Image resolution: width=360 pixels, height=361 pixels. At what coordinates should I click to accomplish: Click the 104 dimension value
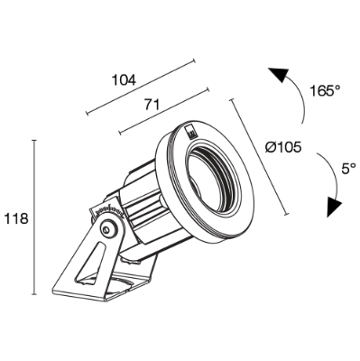(x=124, y=80)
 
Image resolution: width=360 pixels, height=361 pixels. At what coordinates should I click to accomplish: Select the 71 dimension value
(x=152, y=105)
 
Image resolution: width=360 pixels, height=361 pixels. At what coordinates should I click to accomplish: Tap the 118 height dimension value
(x=16, y=218)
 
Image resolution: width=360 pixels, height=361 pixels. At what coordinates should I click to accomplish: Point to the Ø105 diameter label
(x=283, y=147)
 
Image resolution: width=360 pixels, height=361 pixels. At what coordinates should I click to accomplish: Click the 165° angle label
(x=325, y=90)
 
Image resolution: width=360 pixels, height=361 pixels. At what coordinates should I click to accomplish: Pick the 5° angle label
(x=348, y=169)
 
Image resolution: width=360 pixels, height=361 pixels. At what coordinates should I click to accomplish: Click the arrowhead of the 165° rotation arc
(x=280, y=74)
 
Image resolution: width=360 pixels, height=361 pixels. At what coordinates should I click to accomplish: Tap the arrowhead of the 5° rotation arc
(x=334, y=207)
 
